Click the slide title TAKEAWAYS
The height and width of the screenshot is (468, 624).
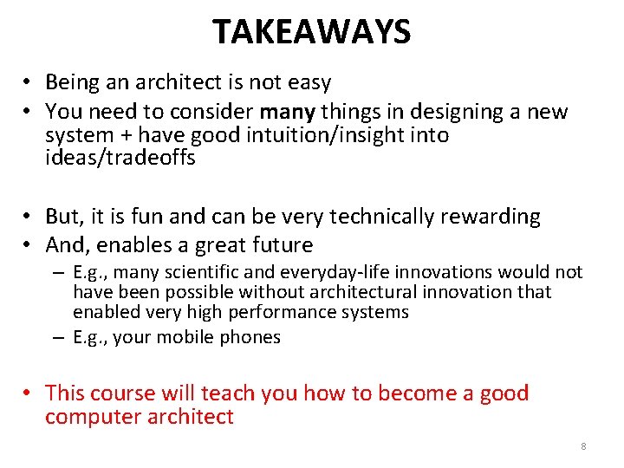[312, 32]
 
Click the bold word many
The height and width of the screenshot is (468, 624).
[288, 112]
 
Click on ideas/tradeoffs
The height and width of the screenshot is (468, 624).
[120, 158]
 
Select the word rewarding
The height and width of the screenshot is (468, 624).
[491, 217]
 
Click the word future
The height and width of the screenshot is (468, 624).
[283, 245]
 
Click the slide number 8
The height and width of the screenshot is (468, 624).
[583, 446]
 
